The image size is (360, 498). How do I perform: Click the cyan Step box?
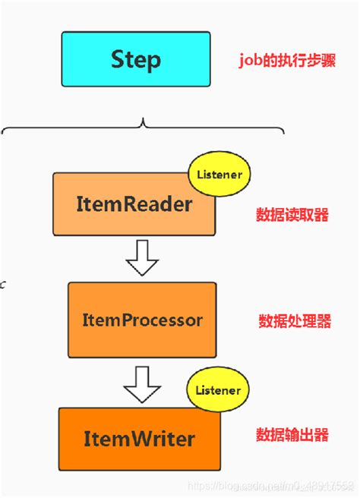pos(135,58)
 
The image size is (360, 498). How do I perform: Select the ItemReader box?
pos(134,203)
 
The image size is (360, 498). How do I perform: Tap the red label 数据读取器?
pos(292,215)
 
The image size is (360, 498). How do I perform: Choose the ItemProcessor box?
pos(141,320)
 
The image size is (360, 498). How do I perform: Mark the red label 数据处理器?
pos(294,321)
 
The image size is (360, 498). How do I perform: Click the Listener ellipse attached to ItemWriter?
pos(218,390)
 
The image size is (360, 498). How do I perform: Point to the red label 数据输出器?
pos(292,435)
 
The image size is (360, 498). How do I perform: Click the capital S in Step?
pos(118,58)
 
